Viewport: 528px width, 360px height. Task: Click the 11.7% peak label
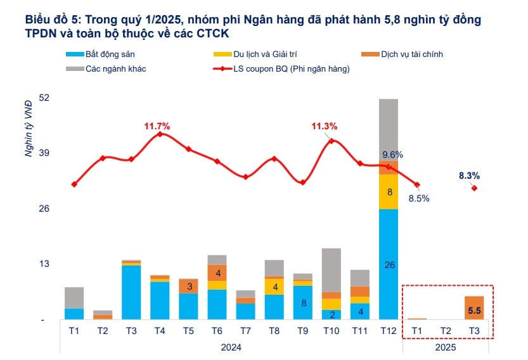pyautogui.click(x=157, y=125)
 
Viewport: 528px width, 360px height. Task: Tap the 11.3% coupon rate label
pyautogui.click(x=324, y=126)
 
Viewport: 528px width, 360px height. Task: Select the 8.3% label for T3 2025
pyautogui.click(x=470, y=176)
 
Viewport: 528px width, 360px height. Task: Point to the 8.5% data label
pyautogui.click(x=418, y=198)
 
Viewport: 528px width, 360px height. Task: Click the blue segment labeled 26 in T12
pyautogui.click(x=389, y=265)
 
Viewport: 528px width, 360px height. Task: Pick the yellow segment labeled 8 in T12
pyautogui.click(x=389, y=191)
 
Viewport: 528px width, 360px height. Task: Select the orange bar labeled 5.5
pyautogui.click(x=473, y=311)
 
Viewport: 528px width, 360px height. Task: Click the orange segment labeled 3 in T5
pyautogui.click(x=190, y=286)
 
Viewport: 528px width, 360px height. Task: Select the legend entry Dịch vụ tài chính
pyautogui.click(x=411, y=55)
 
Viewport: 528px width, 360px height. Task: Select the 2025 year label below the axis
pyautogui.click(x=445, y=347)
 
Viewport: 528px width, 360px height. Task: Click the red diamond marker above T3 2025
pyautogui.click(x=473, y=188)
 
